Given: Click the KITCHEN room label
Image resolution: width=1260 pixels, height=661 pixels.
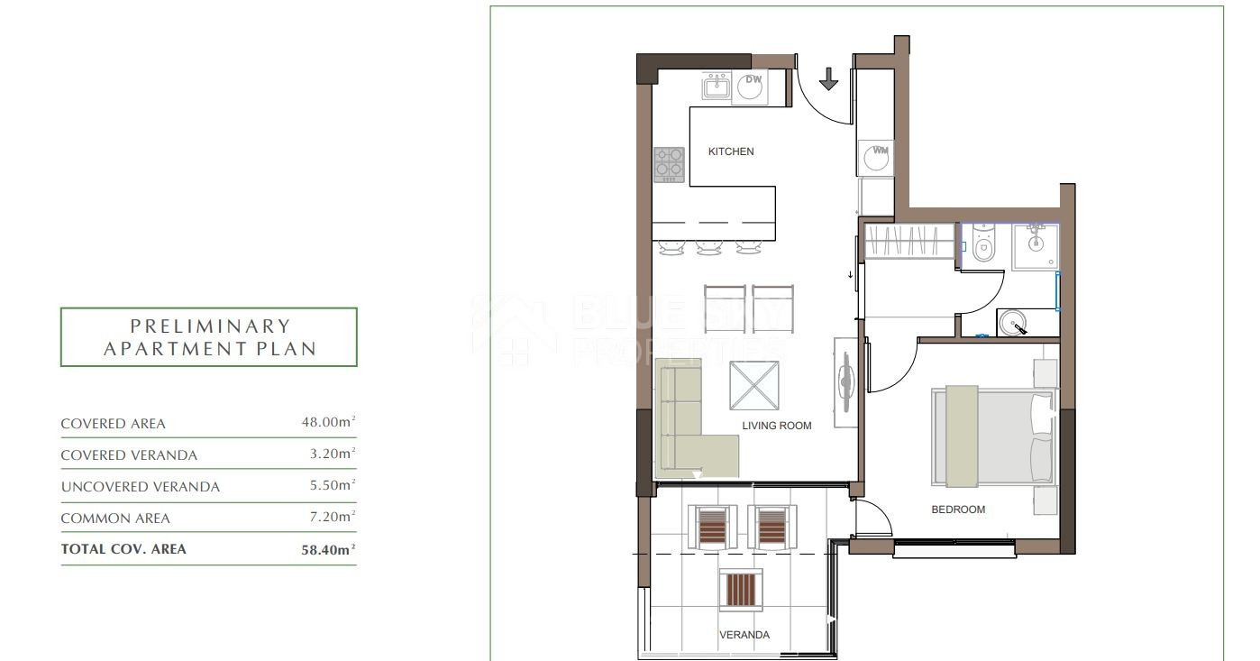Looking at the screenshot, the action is pos(731,151).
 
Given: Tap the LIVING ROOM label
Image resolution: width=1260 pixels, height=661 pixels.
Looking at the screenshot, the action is pos(776,426).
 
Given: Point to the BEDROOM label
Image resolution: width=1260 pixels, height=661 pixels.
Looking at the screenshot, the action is pos(958,510).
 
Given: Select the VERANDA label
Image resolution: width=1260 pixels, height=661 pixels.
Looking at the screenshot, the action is pos(744,635).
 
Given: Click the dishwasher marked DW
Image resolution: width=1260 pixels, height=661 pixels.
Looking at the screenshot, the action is pos(750,87).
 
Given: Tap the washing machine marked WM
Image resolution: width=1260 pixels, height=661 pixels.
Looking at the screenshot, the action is pos(876,158).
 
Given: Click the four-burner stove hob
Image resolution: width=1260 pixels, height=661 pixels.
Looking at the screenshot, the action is pos(669,165).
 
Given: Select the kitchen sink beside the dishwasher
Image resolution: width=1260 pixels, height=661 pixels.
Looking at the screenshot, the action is pos(716,87).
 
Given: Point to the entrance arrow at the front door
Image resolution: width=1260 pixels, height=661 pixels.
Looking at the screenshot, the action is pos(828,78).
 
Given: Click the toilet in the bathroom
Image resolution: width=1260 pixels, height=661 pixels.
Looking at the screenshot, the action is pos(982,244).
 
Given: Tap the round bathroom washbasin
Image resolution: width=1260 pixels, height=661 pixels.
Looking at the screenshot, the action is pos(1012,323).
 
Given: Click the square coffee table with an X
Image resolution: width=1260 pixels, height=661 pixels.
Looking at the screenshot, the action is pos(754,386).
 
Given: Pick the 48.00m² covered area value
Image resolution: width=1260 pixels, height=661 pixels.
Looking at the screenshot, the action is pos(328,422).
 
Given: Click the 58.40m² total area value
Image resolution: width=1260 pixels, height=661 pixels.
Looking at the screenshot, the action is pos(328,549).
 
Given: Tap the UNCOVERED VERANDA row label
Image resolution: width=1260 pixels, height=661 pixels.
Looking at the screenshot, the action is pos(140,487).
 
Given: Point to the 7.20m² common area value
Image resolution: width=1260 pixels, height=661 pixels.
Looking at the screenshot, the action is pos(333,517).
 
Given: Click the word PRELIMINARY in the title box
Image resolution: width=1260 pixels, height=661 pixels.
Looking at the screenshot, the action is pos(210,326).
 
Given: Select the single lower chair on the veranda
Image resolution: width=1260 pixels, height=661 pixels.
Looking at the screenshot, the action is pos(741,590).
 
